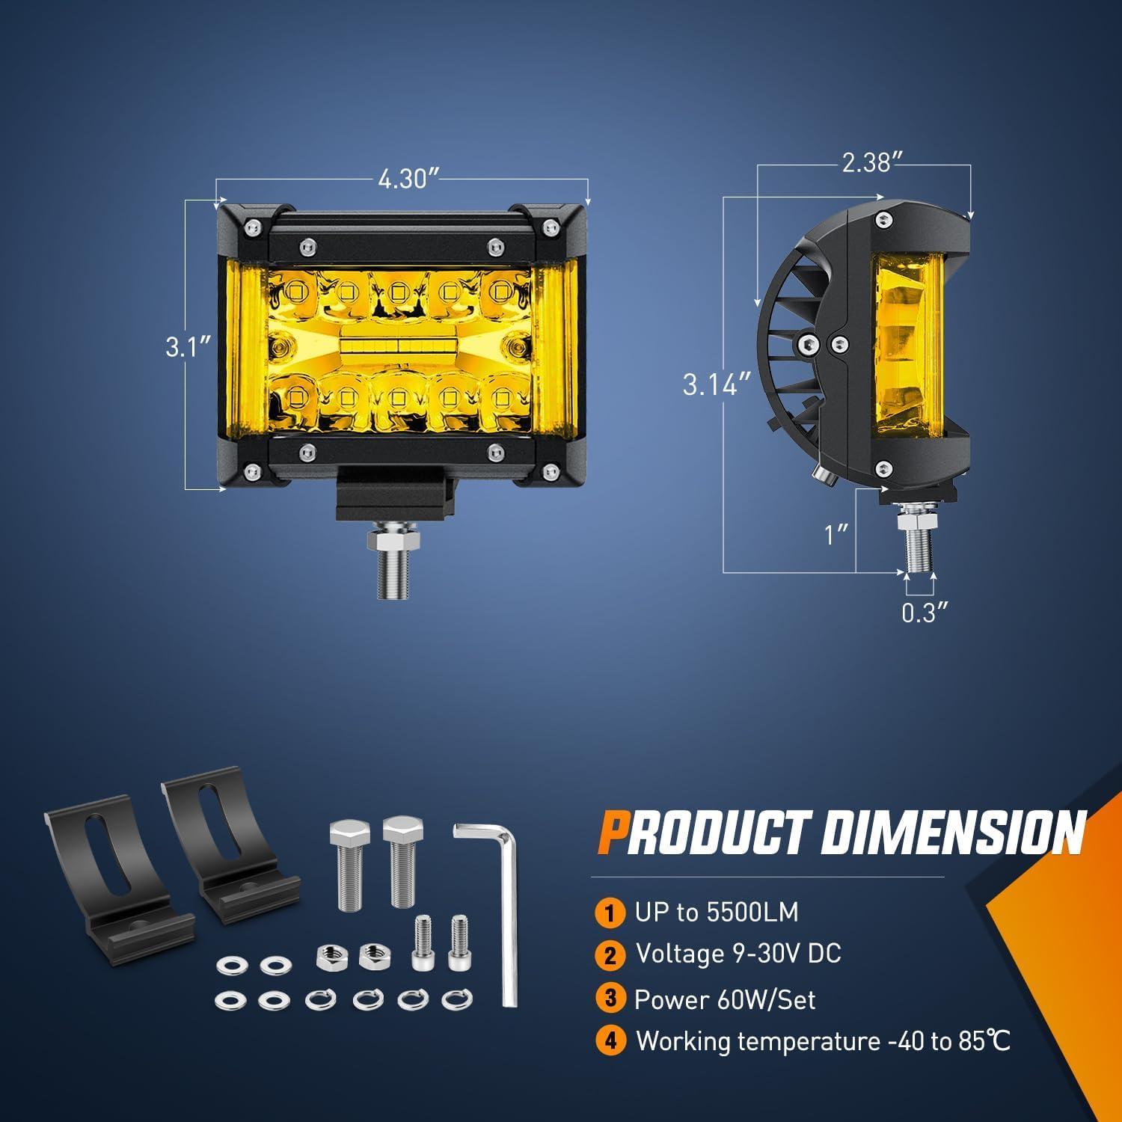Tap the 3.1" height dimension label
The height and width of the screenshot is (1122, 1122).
pos(186,348)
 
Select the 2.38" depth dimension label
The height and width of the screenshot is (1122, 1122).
pos(866,162)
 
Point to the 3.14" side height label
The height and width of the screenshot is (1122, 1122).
pos(716,385)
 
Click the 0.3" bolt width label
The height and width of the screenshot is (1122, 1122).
pos(925,613)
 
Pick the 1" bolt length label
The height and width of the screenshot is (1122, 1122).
pos(836,535)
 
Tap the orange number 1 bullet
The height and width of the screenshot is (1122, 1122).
pos(610,913)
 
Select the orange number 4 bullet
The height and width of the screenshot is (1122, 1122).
pos(610,1041)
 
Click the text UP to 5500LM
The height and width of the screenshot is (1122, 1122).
pos(717,913)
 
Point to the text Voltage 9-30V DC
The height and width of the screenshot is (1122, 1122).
pos(738,954)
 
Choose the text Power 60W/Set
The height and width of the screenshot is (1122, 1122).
pos(724,999)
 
